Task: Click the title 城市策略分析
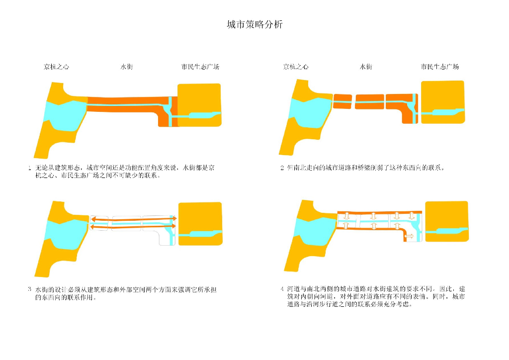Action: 254,24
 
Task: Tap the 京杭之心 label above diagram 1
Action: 56,67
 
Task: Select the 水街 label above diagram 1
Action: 126,67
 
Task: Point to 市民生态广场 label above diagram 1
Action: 200,67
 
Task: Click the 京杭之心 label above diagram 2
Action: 296,67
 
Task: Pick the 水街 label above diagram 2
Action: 366,67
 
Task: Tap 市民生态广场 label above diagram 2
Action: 439,67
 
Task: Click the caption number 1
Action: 30,168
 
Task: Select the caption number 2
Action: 282,168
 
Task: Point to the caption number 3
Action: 30,289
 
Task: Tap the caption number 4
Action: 282,289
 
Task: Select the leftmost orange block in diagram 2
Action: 342,101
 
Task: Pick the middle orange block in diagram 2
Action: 369,101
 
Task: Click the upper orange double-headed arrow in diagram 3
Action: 132,219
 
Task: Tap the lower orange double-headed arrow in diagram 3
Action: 132,227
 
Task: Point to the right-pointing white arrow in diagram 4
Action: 411,237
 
